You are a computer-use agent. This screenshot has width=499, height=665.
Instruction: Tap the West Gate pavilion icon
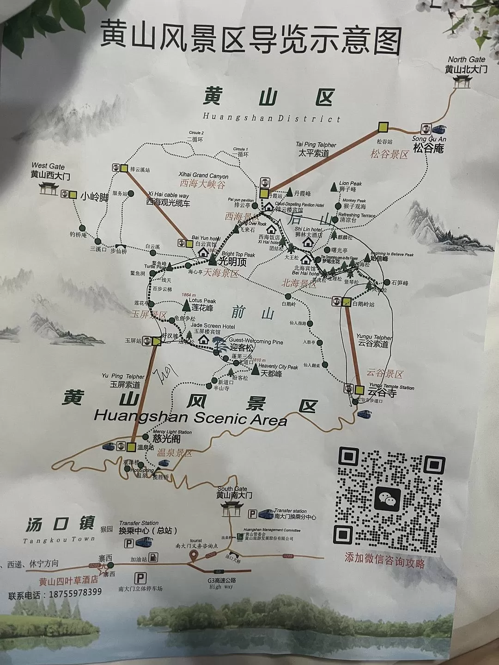pos(48,188)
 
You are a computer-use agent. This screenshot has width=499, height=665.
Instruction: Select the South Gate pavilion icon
pos(231,508)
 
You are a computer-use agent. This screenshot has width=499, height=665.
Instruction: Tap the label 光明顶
pos(232,262)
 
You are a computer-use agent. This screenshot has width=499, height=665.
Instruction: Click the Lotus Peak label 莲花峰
pos(203,308)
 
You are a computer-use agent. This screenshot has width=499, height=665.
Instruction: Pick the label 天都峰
pos(271,373)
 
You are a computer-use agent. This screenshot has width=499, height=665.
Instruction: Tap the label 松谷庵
pos(428,148)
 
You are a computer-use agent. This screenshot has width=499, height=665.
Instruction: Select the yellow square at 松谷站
pos(383,127)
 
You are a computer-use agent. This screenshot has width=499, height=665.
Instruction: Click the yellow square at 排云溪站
pos(124,169)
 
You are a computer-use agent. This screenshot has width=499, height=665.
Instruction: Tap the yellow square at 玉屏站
pos(156,341)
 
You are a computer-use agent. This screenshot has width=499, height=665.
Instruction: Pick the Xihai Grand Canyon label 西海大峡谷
pos(202,185)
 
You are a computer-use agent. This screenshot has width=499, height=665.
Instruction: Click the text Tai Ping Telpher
pos(316,145)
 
